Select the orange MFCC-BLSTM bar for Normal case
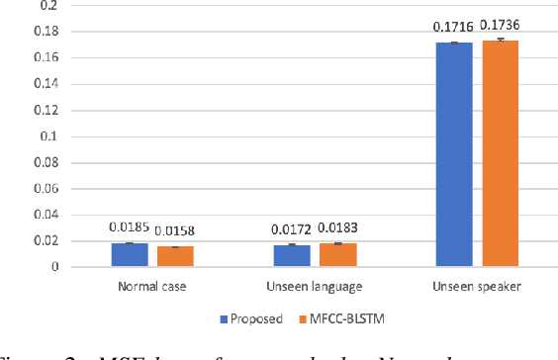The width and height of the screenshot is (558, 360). coord(175,256)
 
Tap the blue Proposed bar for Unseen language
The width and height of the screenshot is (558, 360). coord(292,255)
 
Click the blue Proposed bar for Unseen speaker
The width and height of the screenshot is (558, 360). coord(454,154)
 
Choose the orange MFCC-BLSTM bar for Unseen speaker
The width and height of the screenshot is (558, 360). coord(500,153)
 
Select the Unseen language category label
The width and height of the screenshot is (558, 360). coord(315,287)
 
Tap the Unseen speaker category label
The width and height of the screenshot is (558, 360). coord(477,287)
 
